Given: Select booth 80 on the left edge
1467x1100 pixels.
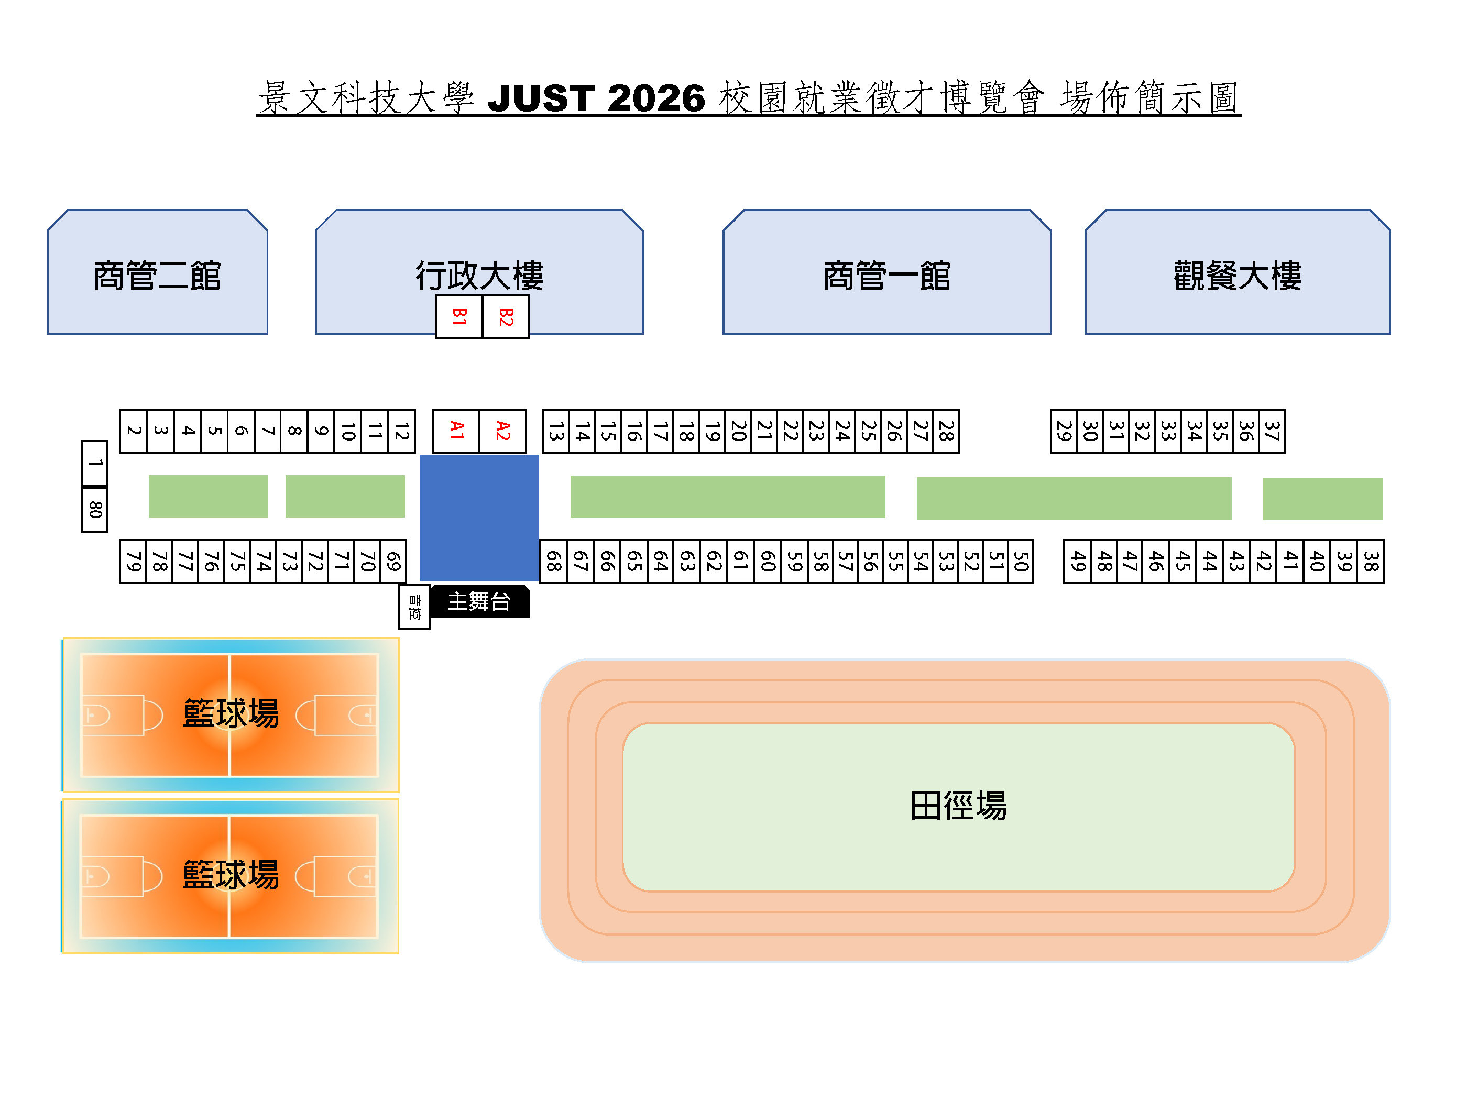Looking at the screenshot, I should [x=95, y=509].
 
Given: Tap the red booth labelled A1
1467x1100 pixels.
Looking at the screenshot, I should [x=456, y=431].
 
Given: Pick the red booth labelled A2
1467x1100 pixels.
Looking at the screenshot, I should [x=502, y=431].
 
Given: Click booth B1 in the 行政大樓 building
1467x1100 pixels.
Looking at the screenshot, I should [x=458, y=316].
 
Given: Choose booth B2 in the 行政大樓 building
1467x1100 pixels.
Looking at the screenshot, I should [x=506, y=316].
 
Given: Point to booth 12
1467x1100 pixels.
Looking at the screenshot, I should [x=401, y=431].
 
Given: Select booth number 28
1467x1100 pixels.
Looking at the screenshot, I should [x=946, y=431].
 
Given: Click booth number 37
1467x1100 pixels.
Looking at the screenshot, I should [x=1272, y=431].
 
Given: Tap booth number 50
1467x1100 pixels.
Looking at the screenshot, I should [x=1021, y=562].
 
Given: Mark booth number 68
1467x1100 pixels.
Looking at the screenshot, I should [x=553, y=562].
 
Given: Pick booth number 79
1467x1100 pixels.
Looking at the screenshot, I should [x=133, y=562].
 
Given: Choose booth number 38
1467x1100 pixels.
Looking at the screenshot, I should [x=1370, y=562].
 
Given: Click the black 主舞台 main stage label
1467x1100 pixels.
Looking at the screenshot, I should [x=479, y=601].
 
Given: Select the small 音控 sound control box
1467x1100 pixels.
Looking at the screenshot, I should [x=414, y=607].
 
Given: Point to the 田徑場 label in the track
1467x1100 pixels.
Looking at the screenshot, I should [x=958, y=806].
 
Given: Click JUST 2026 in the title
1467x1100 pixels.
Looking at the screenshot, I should [x=596, y=98].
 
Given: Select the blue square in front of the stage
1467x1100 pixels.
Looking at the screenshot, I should [x=479, y=517].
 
